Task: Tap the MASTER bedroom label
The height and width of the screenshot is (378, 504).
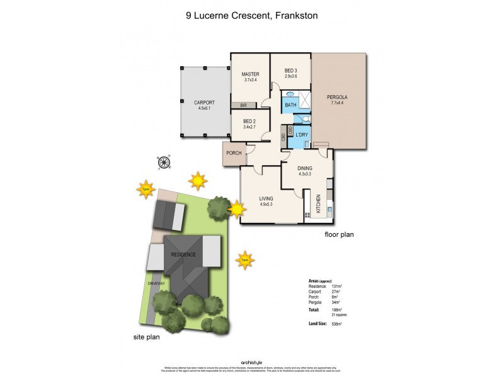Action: [x=251, y=74]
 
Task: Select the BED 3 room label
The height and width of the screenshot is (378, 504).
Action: [x=290, y=71]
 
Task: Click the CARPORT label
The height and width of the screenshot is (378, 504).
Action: [x=204, y=103]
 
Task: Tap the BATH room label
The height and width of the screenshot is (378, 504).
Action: [x=290, y=105]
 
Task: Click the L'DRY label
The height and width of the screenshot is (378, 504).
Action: [x=301, y=135]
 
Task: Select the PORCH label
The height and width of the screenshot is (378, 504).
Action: [x=234, y=153]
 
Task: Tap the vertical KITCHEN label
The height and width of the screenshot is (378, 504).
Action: [x=319, y=203]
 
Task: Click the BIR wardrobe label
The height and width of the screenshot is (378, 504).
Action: [x=243, y=105]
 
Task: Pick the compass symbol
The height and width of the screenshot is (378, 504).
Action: [x=165, y=162]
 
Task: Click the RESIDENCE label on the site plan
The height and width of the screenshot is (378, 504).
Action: [x=183, y=255]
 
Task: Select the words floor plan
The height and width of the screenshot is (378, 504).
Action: [x=339, y=234]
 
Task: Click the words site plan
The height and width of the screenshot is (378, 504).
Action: [x=148, y=336]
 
